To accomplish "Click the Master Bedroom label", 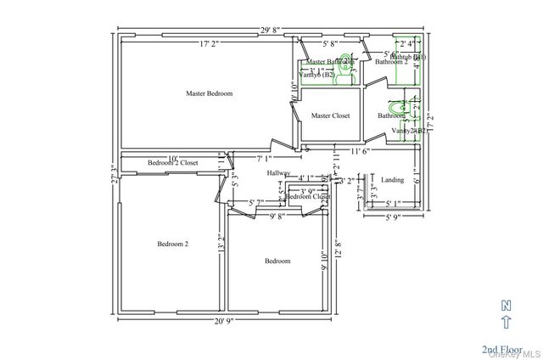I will tap(209, 93).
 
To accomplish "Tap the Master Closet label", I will tap(330, 115).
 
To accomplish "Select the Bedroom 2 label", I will tap(172, 245).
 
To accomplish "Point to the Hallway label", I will tap(278, 173).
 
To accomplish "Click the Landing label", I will tap(392, 180).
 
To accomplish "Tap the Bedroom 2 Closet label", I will tap(172, 162).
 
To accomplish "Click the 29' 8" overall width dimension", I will tap(272, 30).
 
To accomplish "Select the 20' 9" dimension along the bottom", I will tap(223, 321).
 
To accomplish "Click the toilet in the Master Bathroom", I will tap(342, 77).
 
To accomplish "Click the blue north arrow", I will tap(507, 322).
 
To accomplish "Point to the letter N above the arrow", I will tap(507, 305).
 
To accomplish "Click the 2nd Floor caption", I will tap(501, 350).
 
